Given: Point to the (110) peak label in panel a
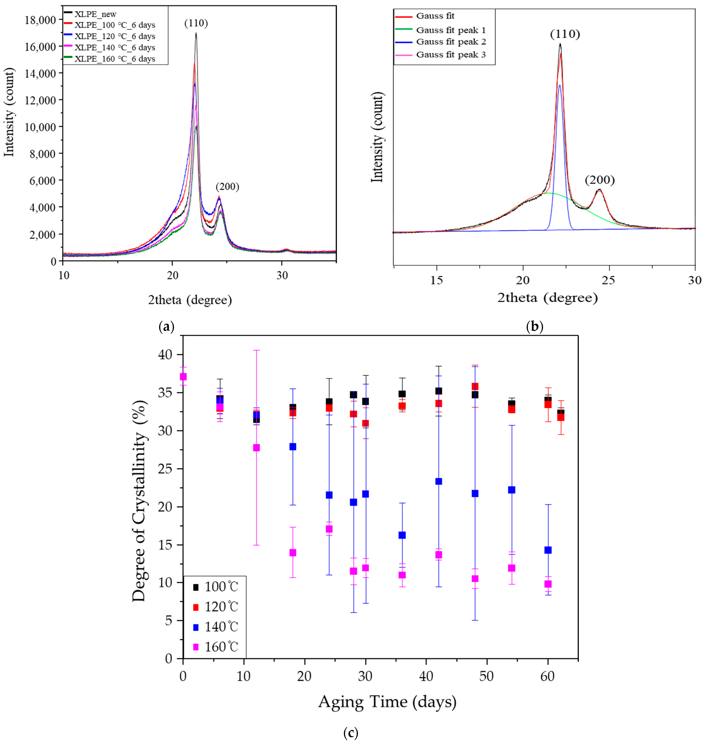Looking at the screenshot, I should tap(196, 23).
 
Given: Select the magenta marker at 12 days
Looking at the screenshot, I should tap(256, 448).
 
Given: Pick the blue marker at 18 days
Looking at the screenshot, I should tap(293, 446).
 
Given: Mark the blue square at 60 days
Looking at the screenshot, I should tap(548, 550).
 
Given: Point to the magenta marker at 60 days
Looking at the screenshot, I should tap(548, 584).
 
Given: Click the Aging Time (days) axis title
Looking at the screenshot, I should tap(387, 702).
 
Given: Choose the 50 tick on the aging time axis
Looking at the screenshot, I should tap(487, 676).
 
